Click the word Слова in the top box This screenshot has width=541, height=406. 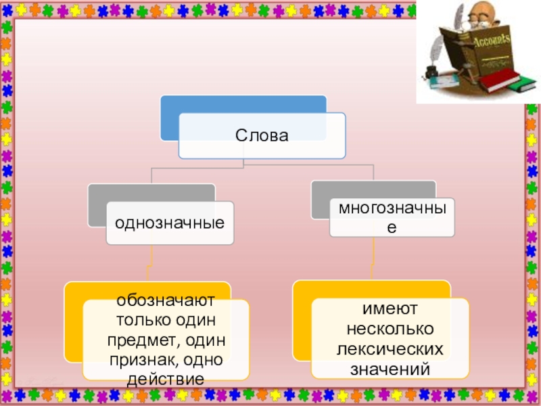(x=262, y=135)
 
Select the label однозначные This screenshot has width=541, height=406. (x=170, y=221)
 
